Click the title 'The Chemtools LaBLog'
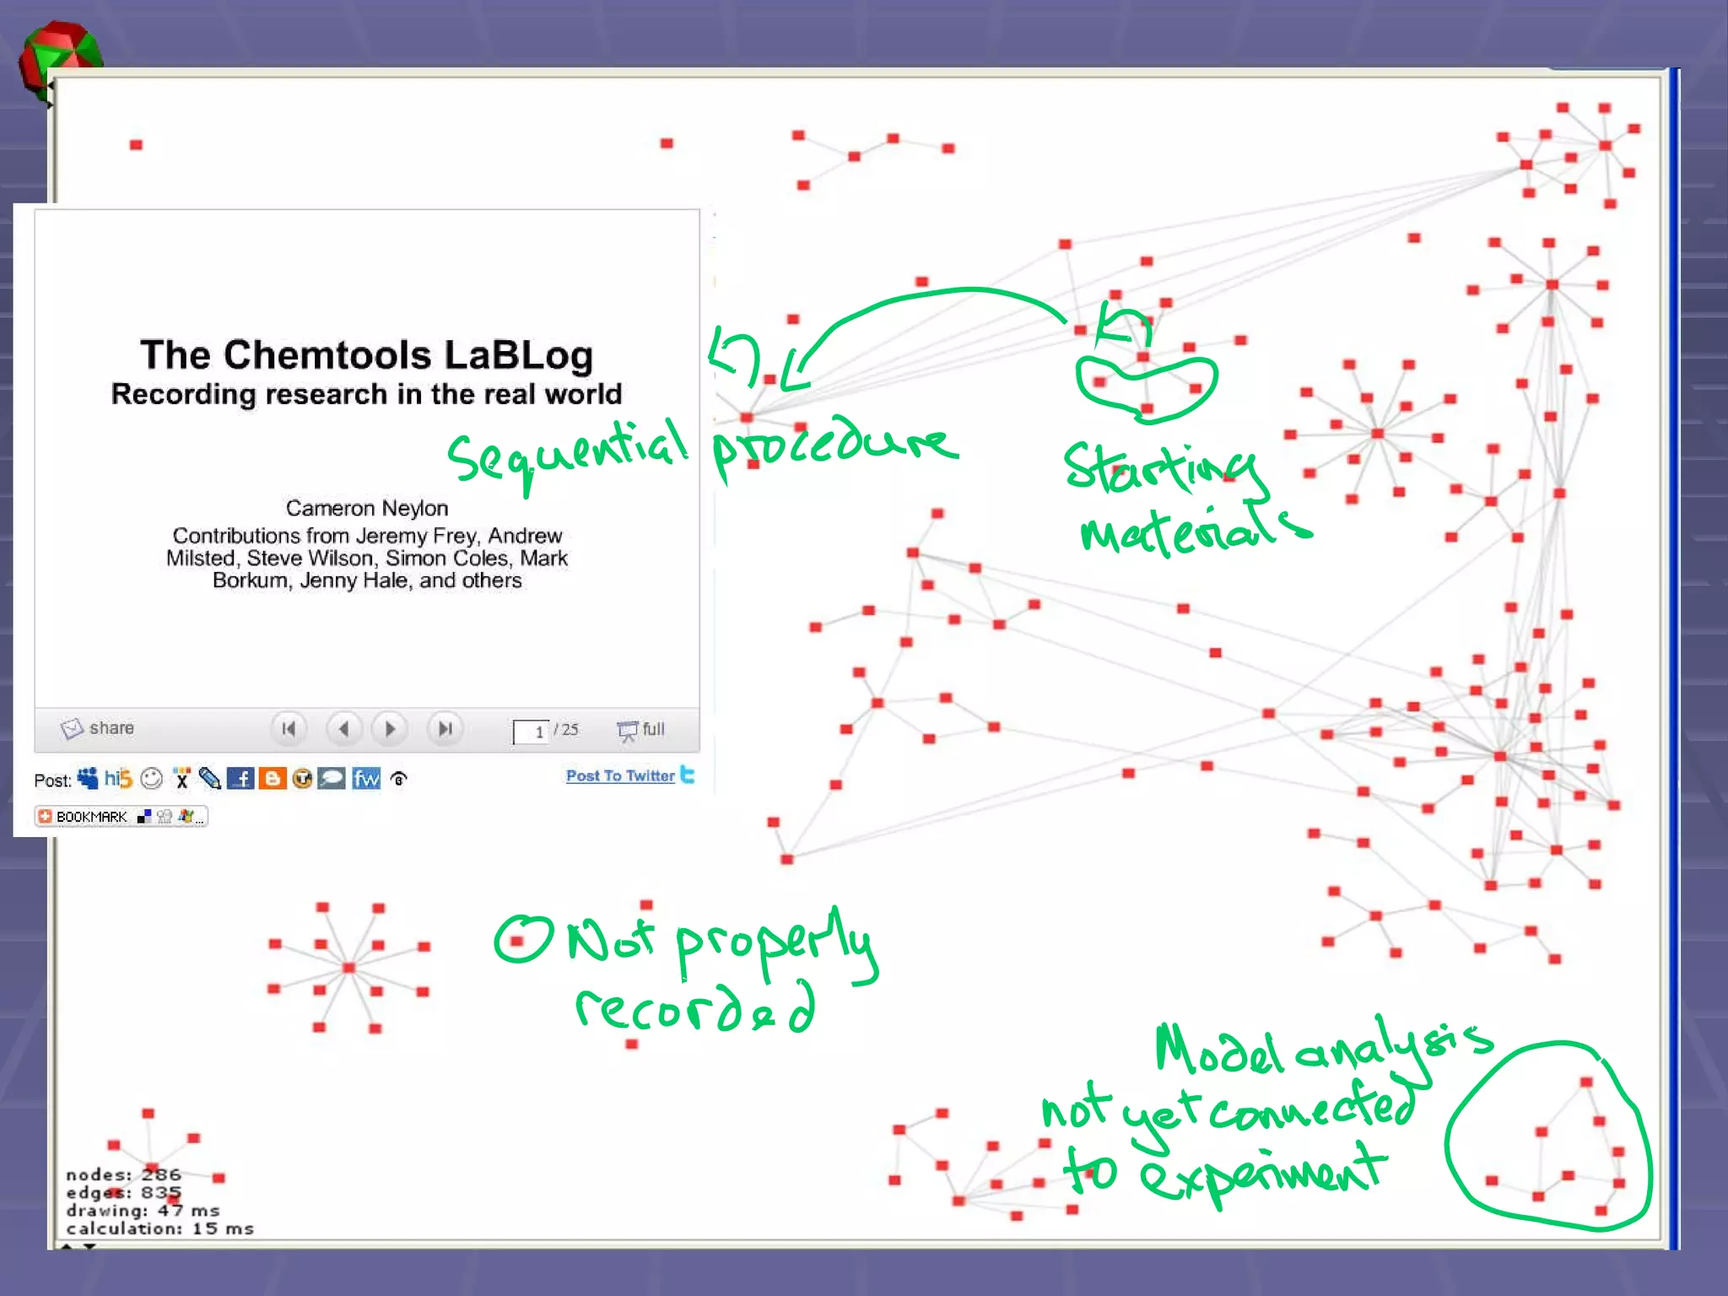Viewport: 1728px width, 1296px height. [366, 355]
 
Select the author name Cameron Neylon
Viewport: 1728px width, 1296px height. [366, 508]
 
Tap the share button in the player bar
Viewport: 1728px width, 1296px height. [98, 728]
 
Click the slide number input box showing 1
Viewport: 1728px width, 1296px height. [531, 732]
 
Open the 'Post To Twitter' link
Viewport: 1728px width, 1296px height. [620, 775]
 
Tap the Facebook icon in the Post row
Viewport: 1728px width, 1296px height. [240, 779]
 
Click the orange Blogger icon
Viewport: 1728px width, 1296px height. [272, 779]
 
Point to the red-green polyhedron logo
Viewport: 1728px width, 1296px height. [59, 59]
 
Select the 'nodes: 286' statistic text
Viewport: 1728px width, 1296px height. [123, 1174]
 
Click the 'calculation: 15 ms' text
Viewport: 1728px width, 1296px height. [159, 1228]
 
